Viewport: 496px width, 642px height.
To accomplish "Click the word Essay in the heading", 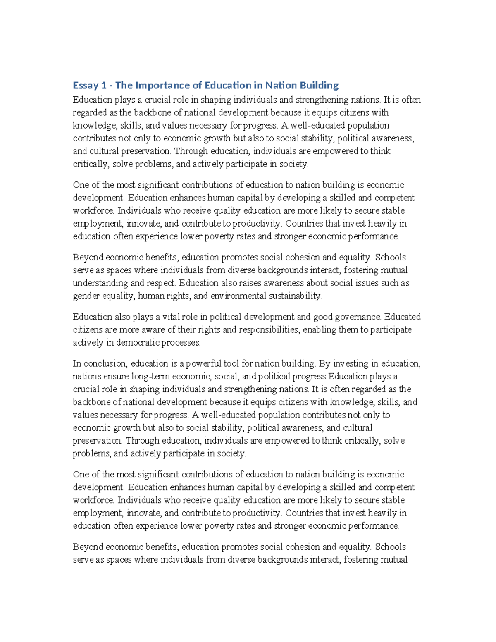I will coord(86,86).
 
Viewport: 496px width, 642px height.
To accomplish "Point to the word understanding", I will coord(100,283).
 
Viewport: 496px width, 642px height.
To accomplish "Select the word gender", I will coord(86,296).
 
